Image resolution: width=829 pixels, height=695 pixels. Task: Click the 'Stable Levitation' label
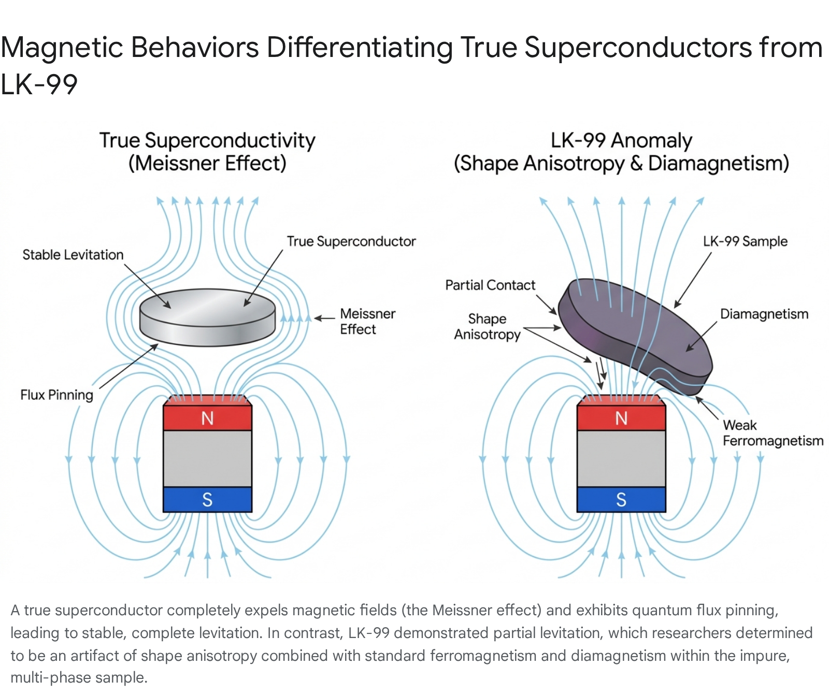(73, 255)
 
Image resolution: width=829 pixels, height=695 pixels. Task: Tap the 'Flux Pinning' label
(57, 395)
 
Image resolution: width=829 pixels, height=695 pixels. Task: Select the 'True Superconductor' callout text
(351, 241)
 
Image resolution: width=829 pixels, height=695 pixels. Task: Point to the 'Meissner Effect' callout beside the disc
(367, 322)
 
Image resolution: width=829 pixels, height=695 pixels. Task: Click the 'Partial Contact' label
(490, 285)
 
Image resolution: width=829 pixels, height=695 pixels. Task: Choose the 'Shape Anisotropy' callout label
(487, 327)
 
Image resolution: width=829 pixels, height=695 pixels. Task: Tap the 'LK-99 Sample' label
(745, 241)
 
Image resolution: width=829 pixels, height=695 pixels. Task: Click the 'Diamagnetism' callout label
(764, 314)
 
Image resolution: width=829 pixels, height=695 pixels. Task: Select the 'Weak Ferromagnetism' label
(773, 433)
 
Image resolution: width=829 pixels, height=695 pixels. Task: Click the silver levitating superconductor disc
(207, 317)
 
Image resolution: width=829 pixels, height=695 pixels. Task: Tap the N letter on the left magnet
(207, 418)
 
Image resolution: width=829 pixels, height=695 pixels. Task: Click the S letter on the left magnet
(207, 500)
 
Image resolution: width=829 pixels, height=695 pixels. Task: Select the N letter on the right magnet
(621, 418)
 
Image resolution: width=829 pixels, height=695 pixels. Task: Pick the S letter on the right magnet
(621, 500)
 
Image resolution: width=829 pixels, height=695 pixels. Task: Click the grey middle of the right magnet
(621, 459)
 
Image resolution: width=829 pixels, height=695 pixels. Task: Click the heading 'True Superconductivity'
(207, 141)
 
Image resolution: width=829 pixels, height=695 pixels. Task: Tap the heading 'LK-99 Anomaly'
(621, 141)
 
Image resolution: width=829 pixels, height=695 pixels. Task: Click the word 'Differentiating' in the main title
(360, 48)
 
